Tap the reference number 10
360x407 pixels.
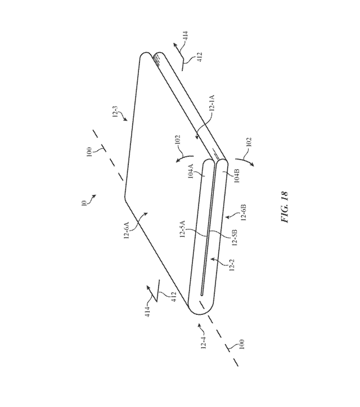tap(83, 202)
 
